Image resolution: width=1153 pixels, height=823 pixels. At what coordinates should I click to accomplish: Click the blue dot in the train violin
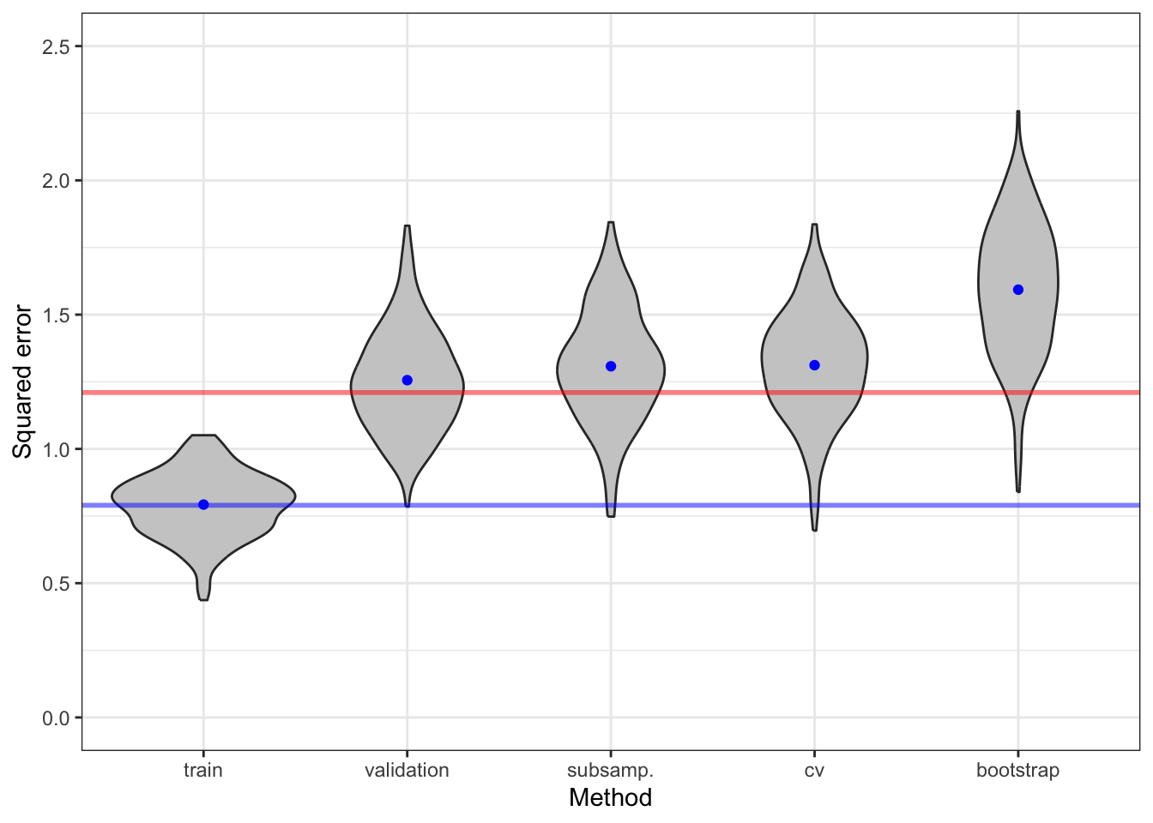[203, 505]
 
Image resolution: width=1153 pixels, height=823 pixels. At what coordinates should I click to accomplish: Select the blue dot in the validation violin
[407, 380]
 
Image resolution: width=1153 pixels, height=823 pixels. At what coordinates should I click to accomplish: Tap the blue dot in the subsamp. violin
[611, 366]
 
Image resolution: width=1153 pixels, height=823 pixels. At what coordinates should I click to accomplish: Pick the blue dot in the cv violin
[814, 365]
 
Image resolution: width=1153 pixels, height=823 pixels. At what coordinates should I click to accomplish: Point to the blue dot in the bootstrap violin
[1018, 290]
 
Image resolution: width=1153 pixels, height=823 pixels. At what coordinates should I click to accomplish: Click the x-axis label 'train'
[203, 771]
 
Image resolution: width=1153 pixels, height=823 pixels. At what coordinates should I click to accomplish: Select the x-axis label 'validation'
[407, 771]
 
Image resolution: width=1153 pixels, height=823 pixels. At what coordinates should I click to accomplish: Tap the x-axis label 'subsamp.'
[610, 771]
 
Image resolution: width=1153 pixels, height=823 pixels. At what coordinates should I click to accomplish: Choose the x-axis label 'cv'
[814, 771]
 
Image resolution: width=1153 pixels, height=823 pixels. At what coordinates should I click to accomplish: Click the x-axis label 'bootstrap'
[1017, 771]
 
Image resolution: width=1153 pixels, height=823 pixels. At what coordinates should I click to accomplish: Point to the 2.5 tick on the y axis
[57, 46]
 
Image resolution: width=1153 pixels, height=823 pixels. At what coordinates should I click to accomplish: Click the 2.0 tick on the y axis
[57, 181]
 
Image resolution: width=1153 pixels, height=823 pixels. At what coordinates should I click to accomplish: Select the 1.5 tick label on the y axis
[57, 315]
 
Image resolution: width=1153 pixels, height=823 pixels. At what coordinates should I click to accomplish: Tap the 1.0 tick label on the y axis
[57, 449]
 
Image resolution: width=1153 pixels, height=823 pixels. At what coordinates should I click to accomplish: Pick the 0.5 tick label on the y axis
[57, 584]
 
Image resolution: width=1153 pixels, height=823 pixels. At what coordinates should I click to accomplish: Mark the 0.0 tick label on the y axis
[57, 718]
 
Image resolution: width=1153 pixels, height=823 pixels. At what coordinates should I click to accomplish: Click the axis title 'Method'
[610, 798]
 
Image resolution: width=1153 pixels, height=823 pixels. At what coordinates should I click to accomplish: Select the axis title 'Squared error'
[22, 381]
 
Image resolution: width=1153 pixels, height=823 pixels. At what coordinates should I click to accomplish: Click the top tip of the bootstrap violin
[1018, 112]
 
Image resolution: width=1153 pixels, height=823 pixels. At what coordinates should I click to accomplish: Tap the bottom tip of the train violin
[203, 599]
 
